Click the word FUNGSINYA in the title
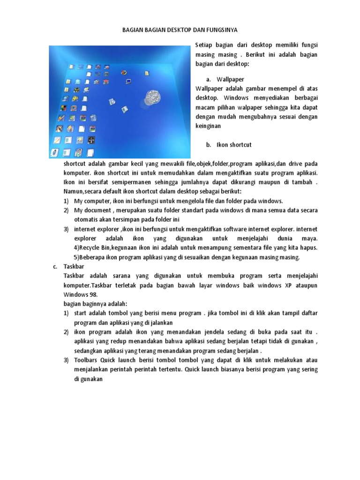pyautogui.click(x=219, y=30)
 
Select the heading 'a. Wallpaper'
pyautogui.click(x=225, y=79)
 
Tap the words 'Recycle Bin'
pyautogui.click(x=96, y=247)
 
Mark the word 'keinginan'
pyautogui.click(x=208, y=126)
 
